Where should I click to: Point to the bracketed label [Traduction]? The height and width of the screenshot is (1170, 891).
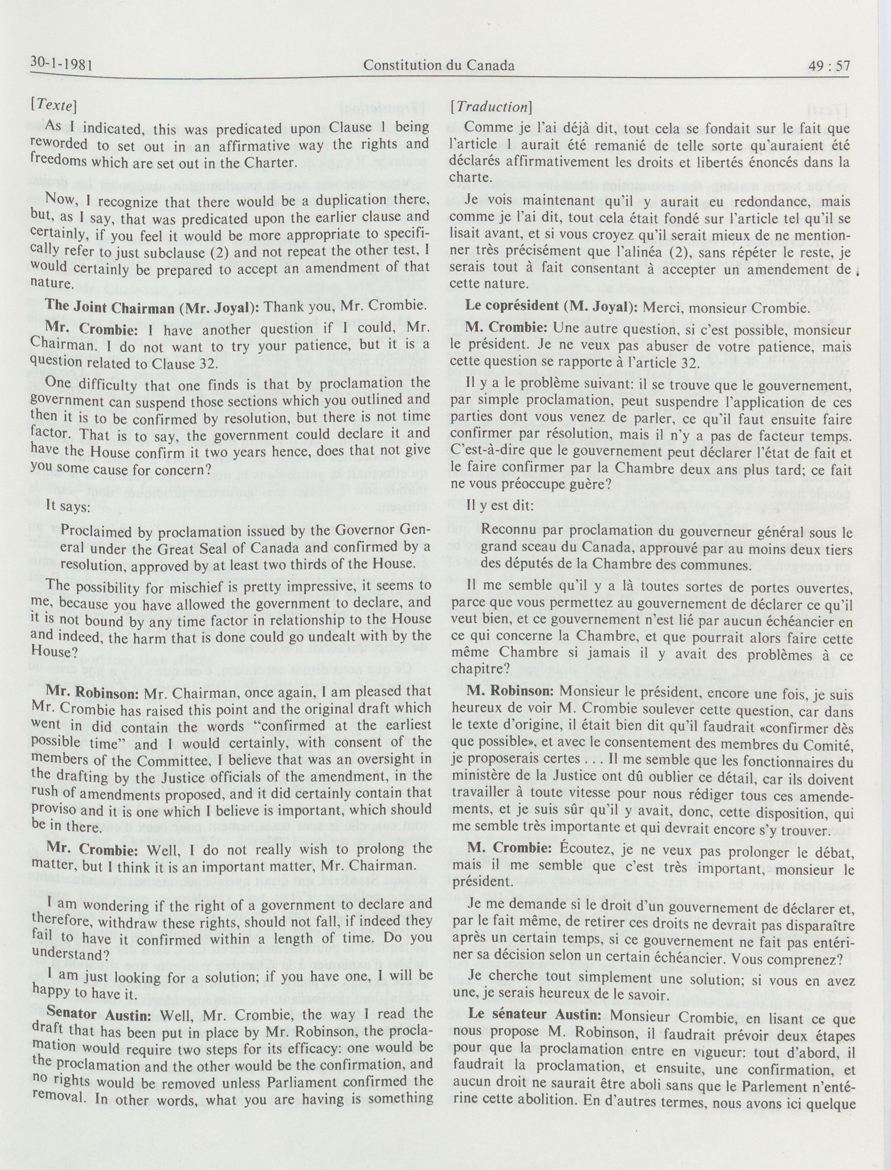[491, 106]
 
